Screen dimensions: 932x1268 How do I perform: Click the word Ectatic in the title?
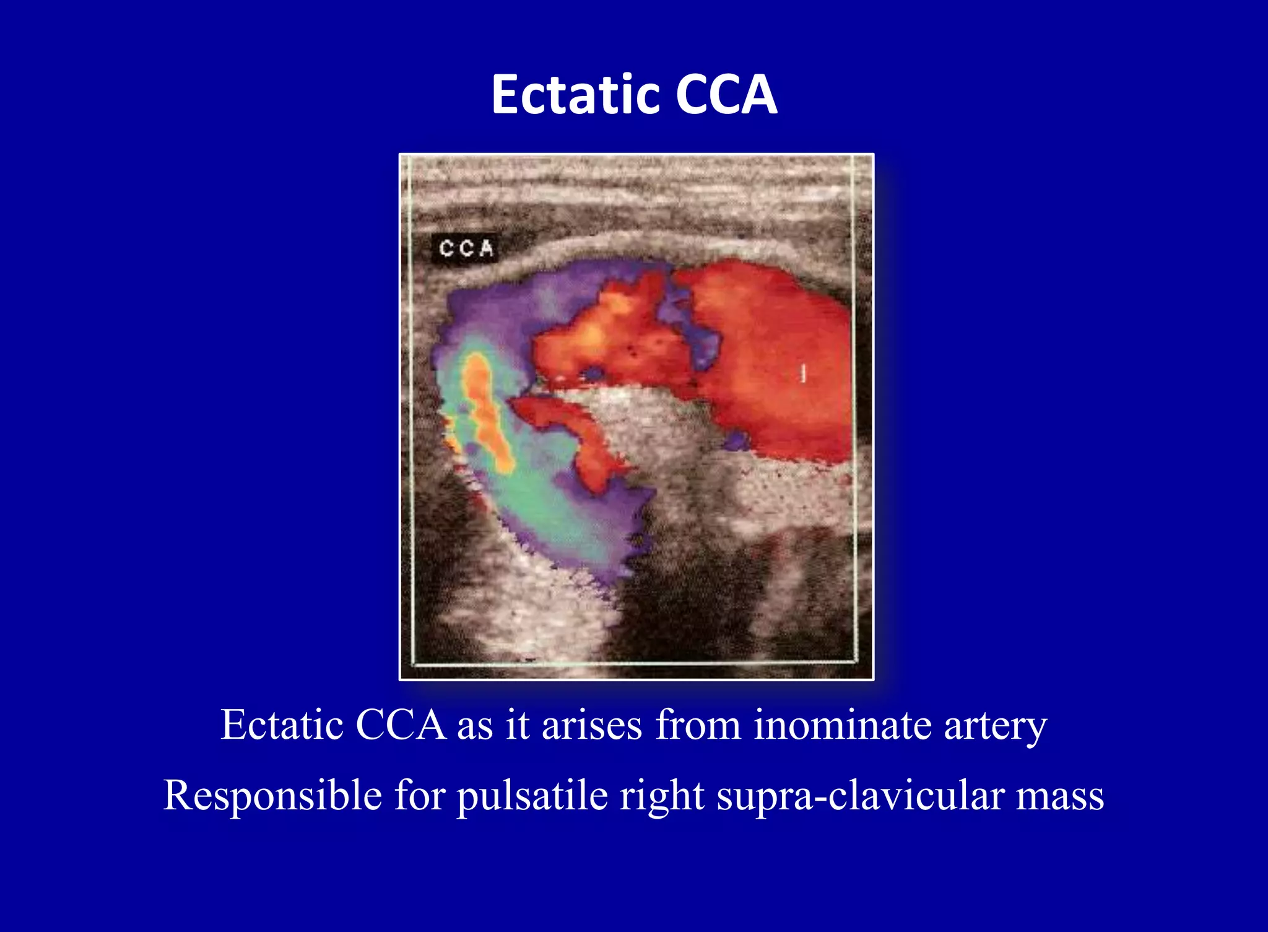575,94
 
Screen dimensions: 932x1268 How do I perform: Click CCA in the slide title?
726,94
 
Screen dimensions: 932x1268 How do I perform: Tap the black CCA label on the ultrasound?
466,248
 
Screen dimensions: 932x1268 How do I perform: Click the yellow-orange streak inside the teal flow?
486,409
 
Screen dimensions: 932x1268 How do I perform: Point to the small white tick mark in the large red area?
804,372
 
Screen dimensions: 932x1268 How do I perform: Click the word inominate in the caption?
842,725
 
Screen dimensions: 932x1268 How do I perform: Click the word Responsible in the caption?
272,795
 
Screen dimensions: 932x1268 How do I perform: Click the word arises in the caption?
592,725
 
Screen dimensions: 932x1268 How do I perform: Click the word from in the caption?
698,725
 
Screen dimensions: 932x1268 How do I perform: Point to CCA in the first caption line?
401,725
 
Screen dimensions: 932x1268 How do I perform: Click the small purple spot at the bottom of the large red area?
736,441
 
